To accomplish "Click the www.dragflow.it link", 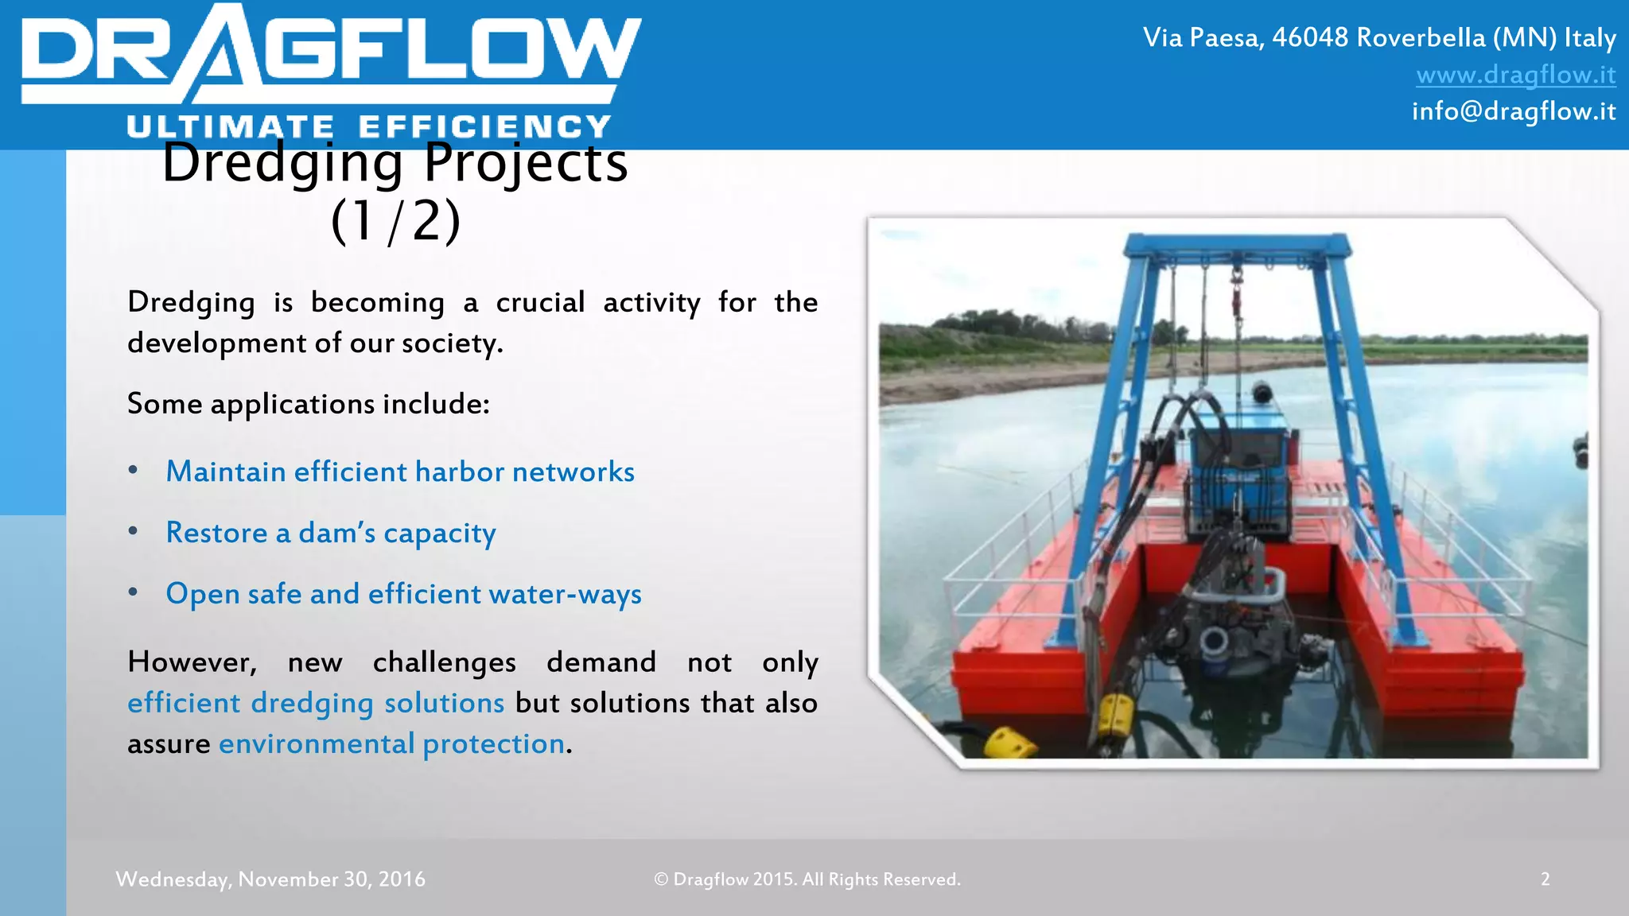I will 1515,75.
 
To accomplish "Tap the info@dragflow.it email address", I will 1513,111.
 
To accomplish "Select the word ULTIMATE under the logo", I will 230,127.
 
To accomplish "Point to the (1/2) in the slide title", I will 395,221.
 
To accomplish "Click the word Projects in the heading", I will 525,163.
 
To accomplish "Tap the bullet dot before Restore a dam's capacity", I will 134,531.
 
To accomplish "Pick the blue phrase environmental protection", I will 391,744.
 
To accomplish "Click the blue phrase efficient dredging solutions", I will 316,704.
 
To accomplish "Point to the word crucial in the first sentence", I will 540,303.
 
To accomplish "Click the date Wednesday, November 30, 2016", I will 270,879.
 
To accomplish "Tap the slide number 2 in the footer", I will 1545,879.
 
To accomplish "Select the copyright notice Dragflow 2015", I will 807,879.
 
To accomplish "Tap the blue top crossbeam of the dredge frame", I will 1237,243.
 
